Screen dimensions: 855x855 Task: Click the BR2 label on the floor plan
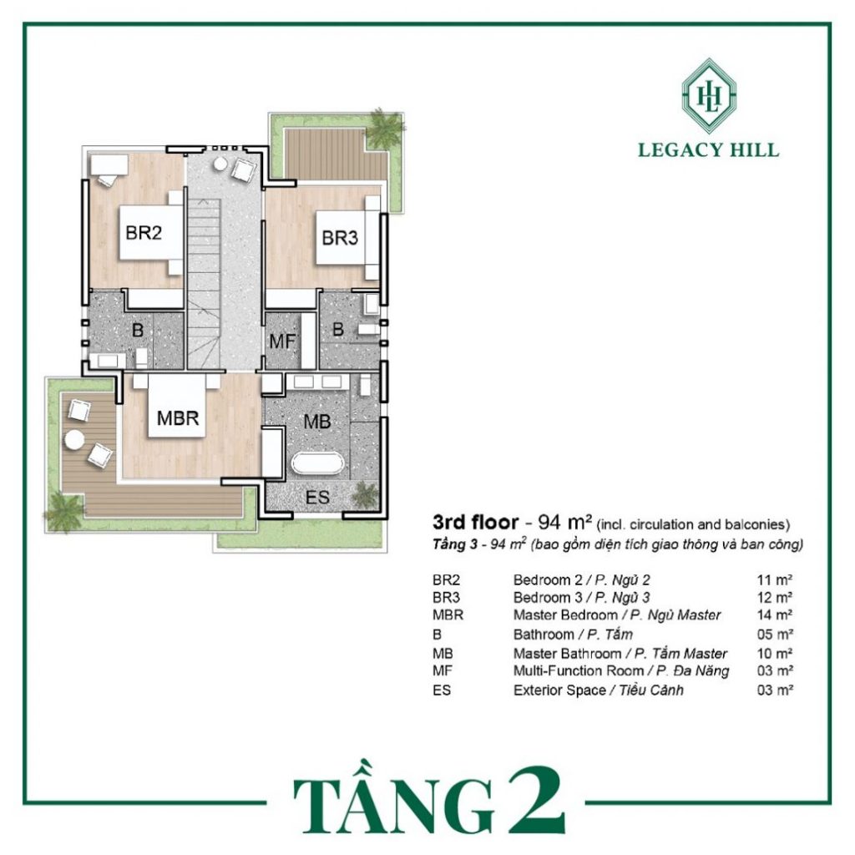pos(144,233)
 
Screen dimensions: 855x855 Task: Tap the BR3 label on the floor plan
pos(340,238)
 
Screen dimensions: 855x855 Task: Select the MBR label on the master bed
pos(178,418)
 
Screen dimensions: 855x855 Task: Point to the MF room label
pos(282,341)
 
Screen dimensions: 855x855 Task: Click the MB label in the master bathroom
pos(317,422)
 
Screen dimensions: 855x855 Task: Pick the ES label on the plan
pos(317,498)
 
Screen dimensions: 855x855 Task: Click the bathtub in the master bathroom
pos(318,464)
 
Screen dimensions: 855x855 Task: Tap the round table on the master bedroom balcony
pos(74,439)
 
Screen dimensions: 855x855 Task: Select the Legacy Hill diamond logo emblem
pos(709,96)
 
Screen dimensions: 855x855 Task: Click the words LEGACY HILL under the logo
pos(708,150)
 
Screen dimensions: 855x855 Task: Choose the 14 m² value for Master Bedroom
pos(775,615)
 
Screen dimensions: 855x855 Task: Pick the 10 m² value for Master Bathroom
pos(775,653)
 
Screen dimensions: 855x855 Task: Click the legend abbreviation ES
pos(442,691)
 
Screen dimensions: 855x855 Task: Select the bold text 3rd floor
pos(475,523)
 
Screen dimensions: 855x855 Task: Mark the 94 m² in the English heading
pos(565,523)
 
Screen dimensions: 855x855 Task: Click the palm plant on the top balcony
pos(383,129)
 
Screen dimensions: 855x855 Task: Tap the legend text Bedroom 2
pos(548,580)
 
